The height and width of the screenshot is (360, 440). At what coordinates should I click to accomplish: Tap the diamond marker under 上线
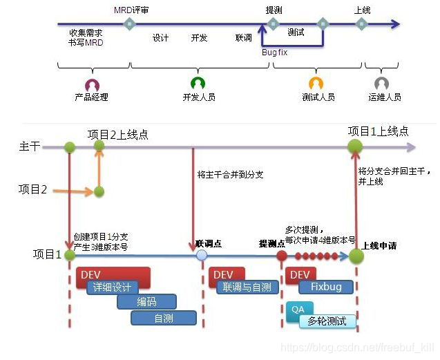click(361, 24)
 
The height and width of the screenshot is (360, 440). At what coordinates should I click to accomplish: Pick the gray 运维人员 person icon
click(381, 84)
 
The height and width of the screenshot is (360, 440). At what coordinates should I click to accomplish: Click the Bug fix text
click(274, 52)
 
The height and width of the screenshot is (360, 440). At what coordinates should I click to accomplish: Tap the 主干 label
click(30, 146)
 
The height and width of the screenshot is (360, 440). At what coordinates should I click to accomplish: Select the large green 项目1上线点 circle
click(355, 146)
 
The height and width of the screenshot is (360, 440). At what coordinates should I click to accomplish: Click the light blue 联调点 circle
click(202, 255)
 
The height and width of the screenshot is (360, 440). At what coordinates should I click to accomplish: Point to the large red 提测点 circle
click(282, 255)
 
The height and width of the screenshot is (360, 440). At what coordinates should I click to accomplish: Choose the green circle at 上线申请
click(356, 256)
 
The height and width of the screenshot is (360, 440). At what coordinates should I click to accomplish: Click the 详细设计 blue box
click(112, 287)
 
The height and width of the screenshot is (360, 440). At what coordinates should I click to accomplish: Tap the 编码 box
click(146, 302)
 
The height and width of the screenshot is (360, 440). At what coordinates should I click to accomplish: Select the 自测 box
click(164, 318)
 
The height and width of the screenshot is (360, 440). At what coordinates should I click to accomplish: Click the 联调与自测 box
click(246, 287)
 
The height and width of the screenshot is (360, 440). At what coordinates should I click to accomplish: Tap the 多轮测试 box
click(327, 321)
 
